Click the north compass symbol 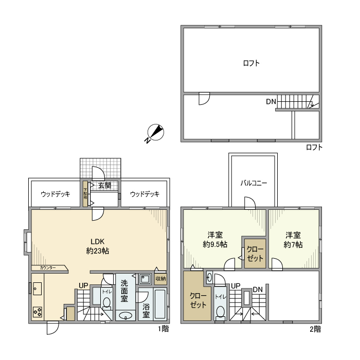coord(155,133)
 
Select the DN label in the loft coord(271,101)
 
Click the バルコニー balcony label coord(254,183)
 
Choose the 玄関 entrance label coord(104,186)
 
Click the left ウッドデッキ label coord(55,194)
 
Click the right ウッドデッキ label coord(145,194)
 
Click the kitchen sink coord(38,289)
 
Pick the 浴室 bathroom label coord(146,310)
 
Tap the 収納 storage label coord(160,279)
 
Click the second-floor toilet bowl coord(220,312)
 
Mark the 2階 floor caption coord(315,329)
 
